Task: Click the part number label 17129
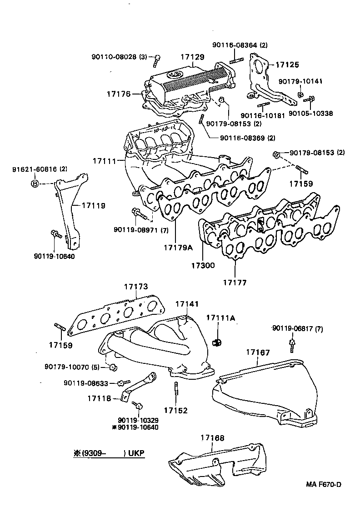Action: (192, 57)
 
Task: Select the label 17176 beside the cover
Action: (119, 94)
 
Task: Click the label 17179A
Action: (179, 248)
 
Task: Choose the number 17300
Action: (203, 265)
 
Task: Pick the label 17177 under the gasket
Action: (235, 283)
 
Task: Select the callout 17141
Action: (187, 303)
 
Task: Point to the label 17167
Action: (258, 352)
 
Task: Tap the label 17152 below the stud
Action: (175, 410)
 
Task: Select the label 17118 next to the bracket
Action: (99, 398)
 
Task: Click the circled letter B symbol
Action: (35, 184)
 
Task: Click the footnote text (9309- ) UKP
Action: (109, 453)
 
